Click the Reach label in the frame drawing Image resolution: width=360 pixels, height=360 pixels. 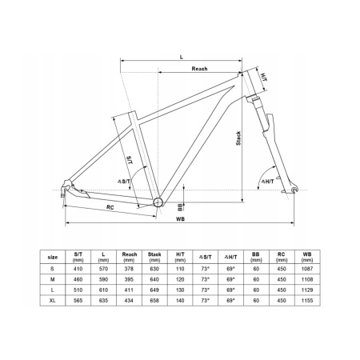click(x=199, y=69)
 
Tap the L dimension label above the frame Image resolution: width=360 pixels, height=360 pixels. click(x=182, y=57)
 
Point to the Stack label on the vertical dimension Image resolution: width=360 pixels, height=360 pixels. click(x=238, y=138)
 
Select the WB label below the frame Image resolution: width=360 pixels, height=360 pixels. click(x=180, y=219)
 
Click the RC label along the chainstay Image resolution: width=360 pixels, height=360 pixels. click(x=110, y=207)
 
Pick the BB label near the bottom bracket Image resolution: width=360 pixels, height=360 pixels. click(x=180, y=207)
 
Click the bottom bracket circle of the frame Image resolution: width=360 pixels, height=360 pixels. click(x=158, y=202)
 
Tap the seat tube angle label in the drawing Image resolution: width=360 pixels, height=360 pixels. click(x=124, y=182)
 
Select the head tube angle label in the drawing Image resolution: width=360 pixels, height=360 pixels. click(x=267, y=182)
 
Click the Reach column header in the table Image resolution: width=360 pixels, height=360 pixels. click(x=129, y=257)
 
